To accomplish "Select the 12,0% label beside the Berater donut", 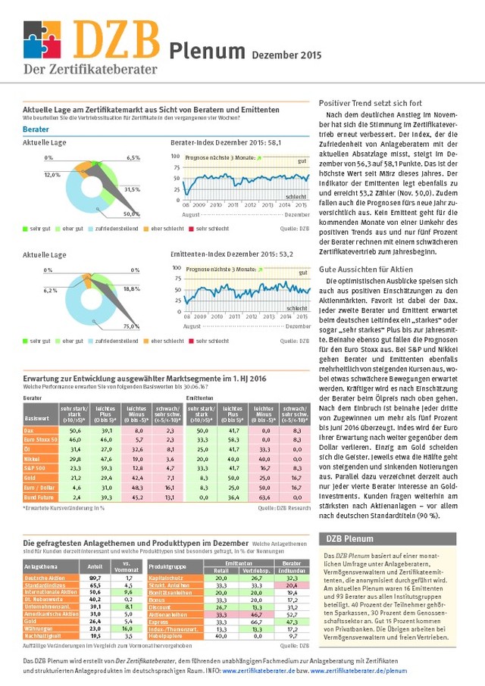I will click(52, 175).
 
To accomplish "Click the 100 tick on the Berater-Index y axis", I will click(177, 156).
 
